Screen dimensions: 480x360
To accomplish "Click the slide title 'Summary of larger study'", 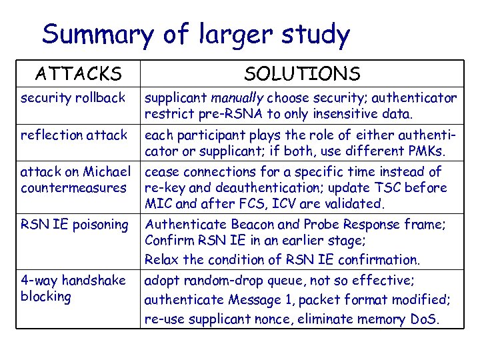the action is pyautogui.click(x=195, y=34).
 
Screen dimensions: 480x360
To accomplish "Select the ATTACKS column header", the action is pyautogui.click(x=78, y=73).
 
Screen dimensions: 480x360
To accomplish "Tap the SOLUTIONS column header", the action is pyautogui.click(x=302, y=73).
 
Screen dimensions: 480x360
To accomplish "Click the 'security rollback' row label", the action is pyautogui.click(x=73, y=99).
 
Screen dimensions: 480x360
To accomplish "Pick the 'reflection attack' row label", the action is pyautogui.click(x=74, y=135).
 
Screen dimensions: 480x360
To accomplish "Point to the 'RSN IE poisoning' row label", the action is pyautogui.click(x=75, y=224).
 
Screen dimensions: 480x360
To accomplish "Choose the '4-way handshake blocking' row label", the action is pyautogui.click(x=73, y=288).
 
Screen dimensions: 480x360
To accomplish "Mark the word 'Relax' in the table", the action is pyautogui.click(x=162, y=259).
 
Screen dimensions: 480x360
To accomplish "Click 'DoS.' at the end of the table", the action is pyautogui.click(x=424, y=319).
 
